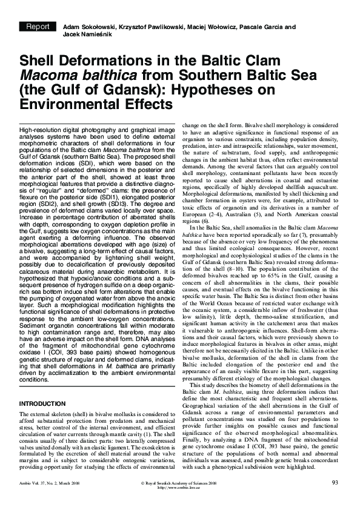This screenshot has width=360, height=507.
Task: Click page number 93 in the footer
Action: point(335,482)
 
